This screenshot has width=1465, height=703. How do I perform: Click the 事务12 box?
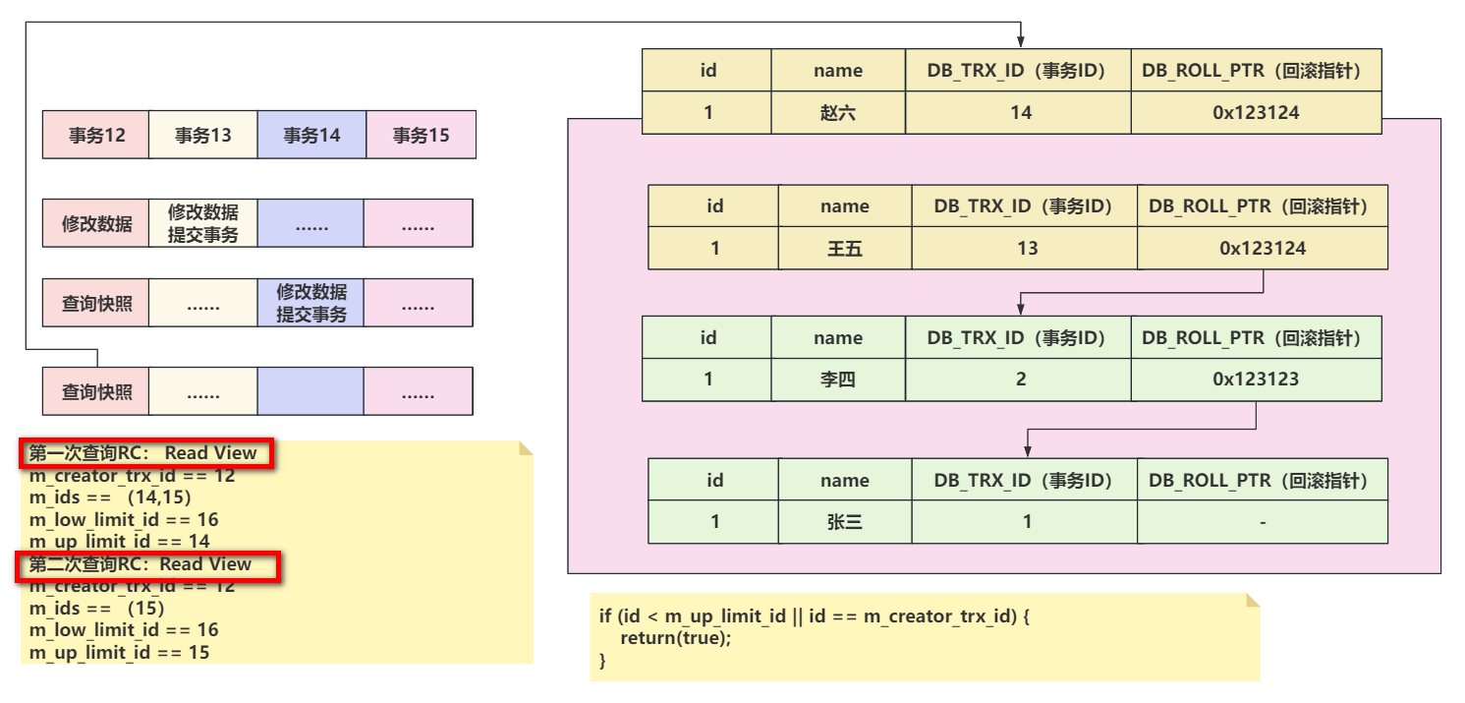click(x=96, y=135)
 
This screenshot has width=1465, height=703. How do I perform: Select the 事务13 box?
click(x=203, y=135)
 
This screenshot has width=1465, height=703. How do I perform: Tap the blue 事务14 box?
click(x=312, y=135)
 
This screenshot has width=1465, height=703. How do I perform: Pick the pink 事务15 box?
click(x=422, y=135)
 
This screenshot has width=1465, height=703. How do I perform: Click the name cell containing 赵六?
click(x=838, y=113)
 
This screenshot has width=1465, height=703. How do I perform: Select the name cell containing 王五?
click(x=845, y=248)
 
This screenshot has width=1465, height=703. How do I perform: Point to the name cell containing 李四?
click(x=838, y=379)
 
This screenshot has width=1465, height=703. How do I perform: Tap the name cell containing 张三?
click(x=845, y=522)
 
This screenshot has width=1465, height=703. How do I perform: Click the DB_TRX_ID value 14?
click(x=1020, y=113)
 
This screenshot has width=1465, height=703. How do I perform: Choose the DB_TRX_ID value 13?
click(x=1027, y=248)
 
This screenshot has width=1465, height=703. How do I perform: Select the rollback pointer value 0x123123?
click(x=1256, y=379)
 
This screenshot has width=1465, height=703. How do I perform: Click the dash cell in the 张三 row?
click(x=1263, y=522)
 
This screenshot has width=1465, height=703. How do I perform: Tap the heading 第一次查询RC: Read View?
click(x=142, y=453)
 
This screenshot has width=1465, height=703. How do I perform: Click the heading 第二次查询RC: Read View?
click(x=140, y=564)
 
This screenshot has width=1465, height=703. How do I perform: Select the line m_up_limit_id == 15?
click(x=119, y=653)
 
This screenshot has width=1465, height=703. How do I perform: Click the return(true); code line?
click(x=676, y=638)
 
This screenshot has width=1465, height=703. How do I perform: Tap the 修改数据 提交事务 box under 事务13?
click(x=203, y=223)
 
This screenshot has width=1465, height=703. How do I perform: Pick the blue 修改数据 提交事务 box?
click(x=311, y=303)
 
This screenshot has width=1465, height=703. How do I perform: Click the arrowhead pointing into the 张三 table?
click(x=1028, y=451)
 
